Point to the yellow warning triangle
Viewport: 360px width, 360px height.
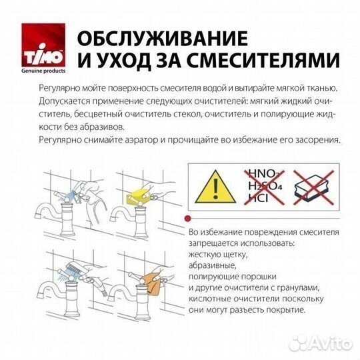[x=215, y=183]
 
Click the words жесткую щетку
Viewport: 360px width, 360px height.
[x=217, y=255]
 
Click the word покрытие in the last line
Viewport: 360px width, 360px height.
[x=283, y=311]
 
